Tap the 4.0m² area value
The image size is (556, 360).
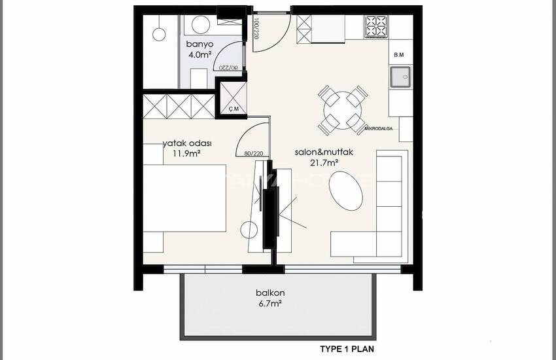(x=200, y=55)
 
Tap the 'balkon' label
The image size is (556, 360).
(x=269, y=293)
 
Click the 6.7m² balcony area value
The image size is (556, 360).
(x=269, y=304)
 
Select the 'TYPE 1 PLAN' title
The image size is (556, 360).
(x=346, y=349)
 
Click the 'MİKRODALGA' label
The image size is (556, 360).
(x=379, y=129)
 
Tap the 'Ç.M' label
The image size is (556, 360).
(x=233, y=109)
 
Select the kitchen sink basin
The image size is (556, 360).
(x=400, y=78)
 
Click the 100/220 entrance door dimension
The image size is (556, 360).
(x=254, y=29)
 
